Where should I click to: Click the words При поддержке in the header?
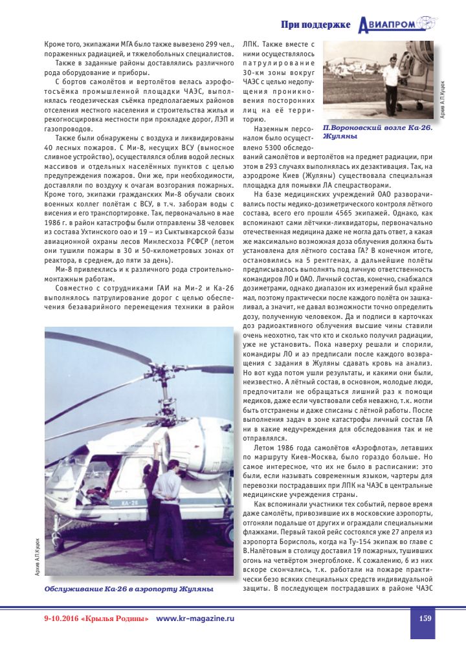[316, 25]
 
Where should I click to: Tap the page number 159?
[425, 618]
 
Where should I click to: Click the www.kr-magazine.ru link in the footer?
[195, 618]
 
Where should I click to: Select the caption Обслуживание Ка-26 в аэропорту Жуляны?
[129, 589]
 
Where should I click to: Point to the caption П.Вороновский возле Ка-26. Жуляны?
[377, 132]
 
